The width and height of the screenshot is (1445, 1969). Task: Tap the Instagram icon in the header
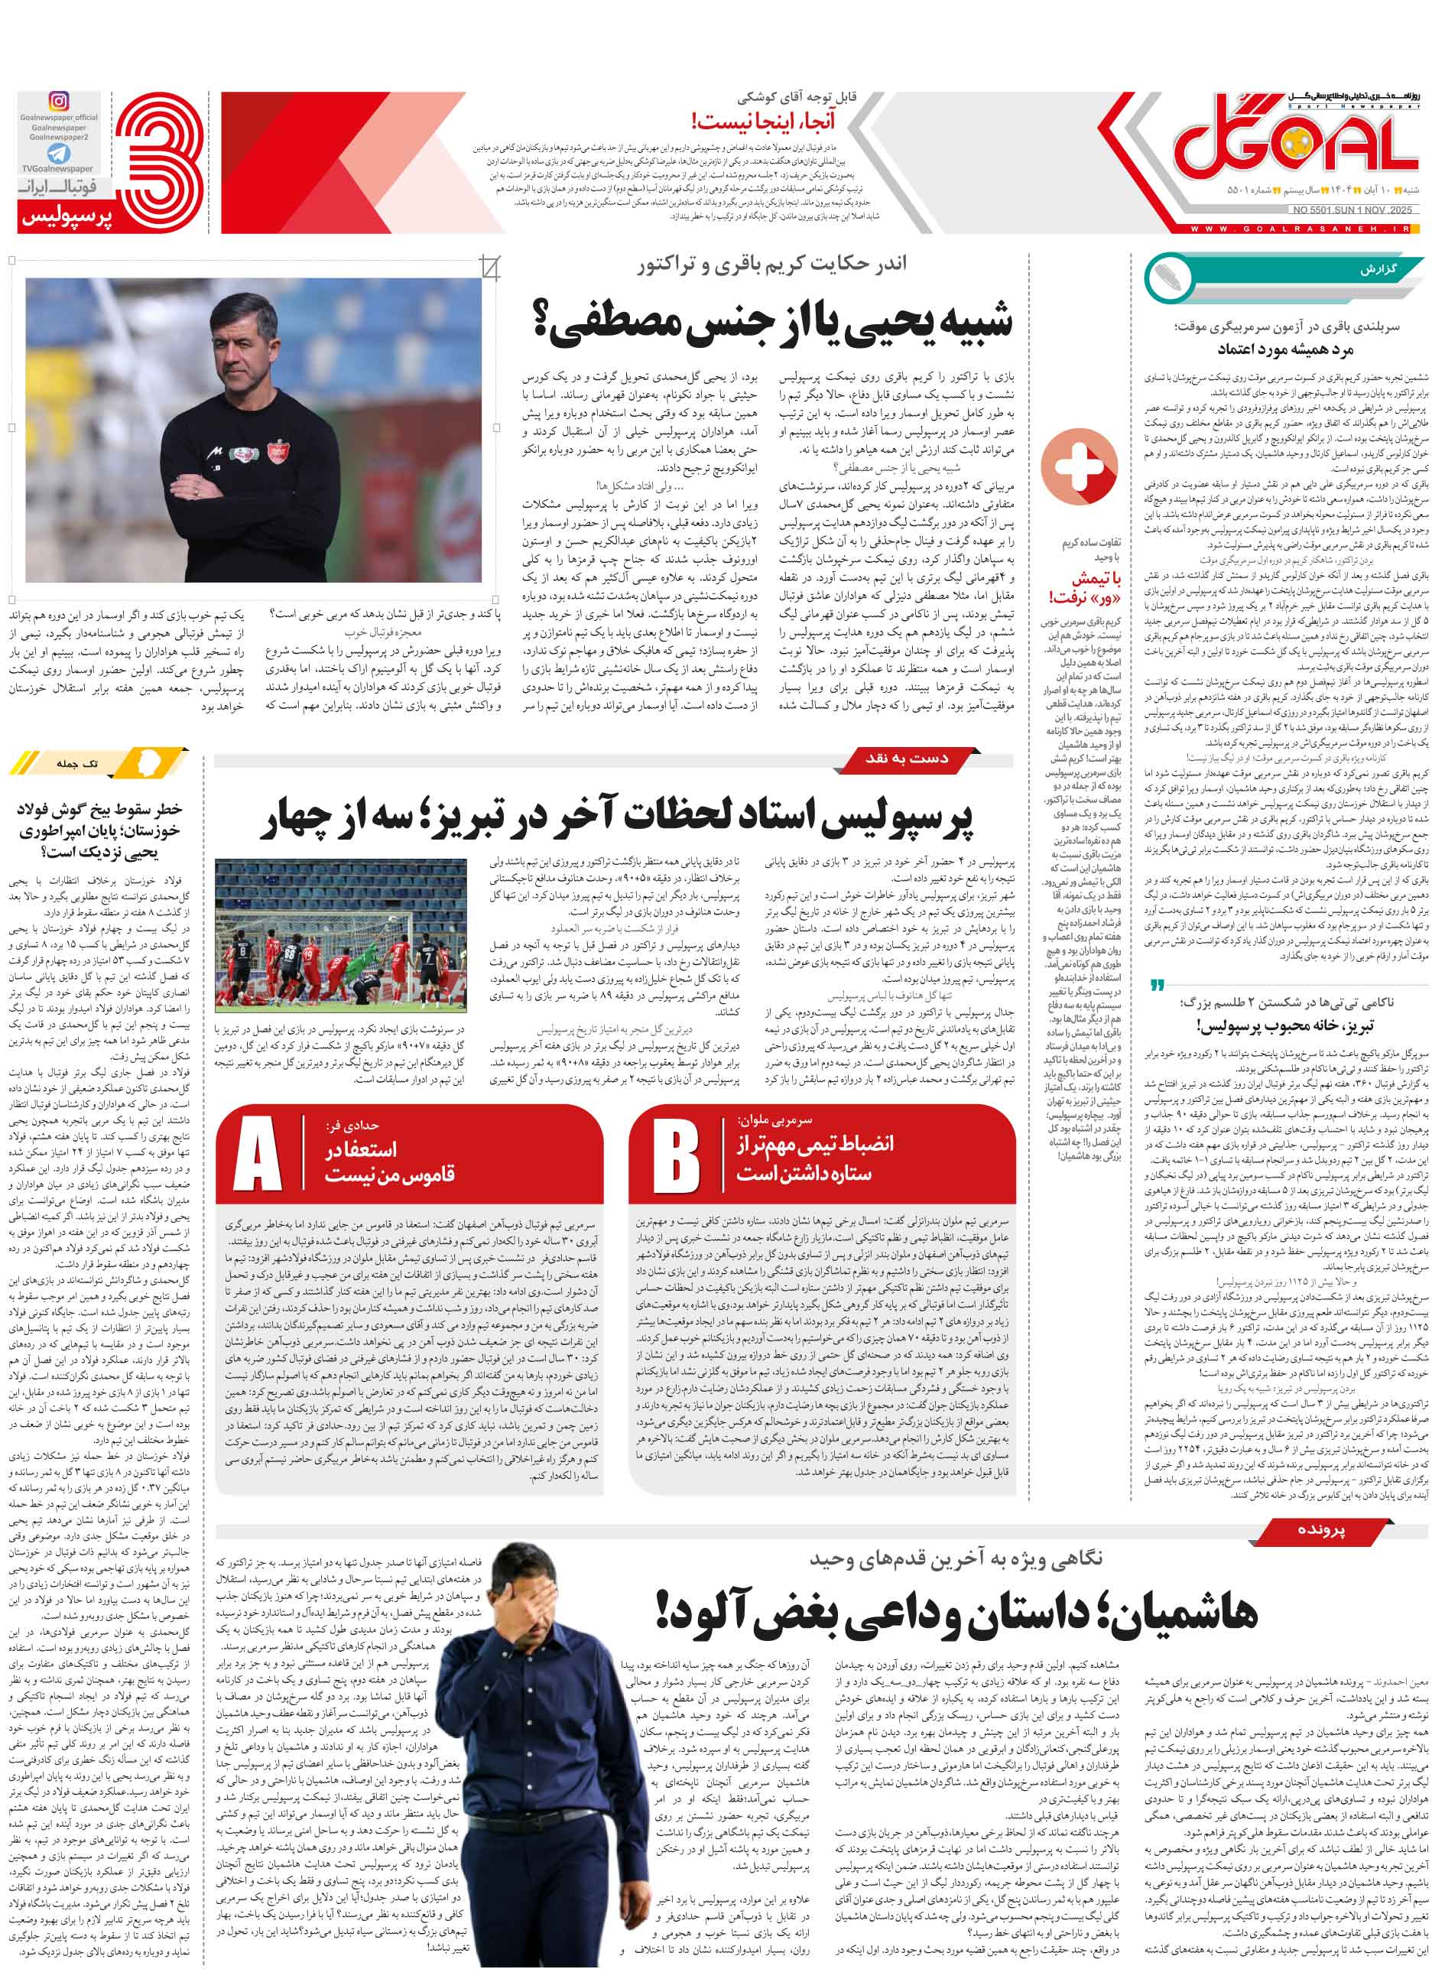59,102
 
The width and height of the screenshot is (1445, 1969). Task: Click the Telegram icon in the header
59,154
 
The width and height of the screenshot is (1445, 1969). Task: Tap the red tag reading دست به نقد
906,759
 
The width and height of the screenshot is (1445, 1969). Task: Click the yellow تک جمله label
78,764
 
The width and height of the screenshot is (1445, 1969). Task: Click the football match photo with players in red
341,935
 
